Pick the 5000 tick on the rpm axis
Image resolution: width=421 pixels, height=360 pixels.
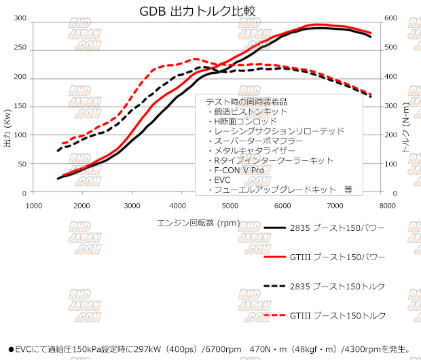tap(230, 204)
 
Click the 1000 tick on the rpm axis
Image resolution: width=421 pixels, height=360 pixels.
tap(31, 204)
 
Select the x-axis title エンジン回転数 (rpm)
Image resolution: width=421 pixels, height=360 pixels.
tap(198, 222)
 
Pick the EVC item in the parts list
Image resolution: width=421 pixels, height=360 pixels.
tap(222, 180)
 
